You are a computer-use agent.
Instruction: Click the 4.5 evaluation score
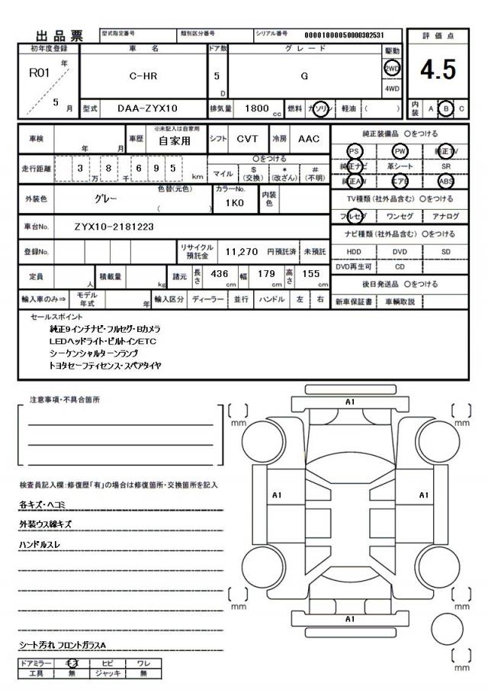pyautogui.click(x=438, y=70)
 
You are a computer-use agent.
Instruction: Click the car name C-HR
pyautogui.click(x=144, y=76)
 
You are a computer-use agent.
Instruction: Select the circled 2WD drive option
pyautogui.click(x=392, y=67)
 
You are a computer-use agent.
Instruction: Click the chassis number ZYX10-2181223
pyautogui.click(x=114, y=227)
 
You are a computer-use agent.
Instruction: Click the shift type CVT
pyautogui.click(x=246, y=139)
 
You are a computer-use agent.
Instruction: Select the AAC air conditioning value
pyautogui.click(x=308, y=139)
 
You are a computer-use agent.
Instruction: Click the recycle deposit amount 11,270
pyautogui.click(x=243, y=250)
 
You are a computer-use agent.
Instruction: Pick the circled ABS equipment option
pyautogui.click(x=446, y=182)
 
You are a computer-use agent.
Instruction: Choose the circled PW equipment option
pyautogui.click(x=400, y=151)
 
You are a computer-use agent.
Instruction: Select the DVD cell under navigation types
pyautogui.click(x=400, y=250)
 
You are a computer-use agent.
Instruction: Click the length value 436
pyautogui.click(x=220, y=273)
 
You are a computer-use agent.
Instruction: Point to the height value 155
pyautogui.click(x=310, y=273)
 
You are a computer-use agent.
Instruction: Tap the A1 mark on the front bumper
pyautogui.click(x=350, y=401)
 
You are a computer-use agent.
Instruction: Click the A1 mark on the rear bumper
pyautogui.click(x=350, y=619)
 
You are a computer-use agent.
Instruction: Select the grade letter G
pyautogui.click(x=305, y=76)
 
